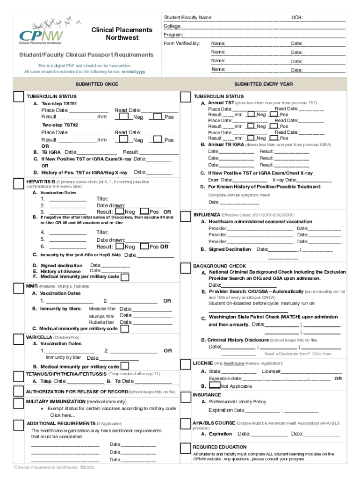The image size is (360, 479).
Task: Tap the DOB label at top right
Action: [x=297, y=17]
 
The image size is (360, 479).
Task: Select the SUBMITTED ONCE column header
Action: [x=97, y=84]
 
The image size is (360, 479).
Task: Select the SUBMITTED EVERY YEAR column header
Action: [x=264, y=84]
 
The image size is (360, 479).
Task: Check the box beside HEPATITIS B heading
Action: [x=19, y=183]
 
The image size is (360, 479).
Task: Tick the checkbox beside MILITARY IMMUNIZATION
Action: [x=19, y=404]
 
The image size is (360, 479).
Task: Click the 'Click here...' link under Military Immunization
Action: [x=62, y=415]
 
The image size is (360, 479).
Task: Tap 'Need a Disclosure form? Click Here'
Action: [x=298, y=354]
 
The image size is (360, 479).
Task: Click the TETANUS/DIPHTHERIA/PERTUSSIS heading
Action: [x=66, y=374]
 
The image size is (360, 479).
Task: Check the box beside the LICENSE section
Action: [x=186, y=364]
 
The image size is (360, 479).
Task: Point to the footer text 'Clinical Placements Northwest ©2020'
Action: [x=54, y=467]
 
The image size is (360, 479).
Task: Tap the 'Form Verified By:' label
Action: [x=181, y=44]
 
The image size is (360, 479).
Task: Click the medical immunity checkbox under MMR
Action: [x=125, y=328]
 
